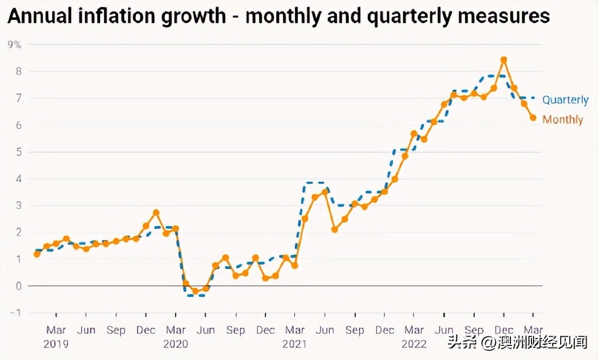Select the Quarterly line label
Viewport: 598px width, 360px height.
coord(565,100)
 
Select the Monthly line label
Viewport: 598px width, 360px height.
coord(562,119)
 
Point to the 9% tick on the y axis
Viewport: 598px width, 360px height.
coord(14,44)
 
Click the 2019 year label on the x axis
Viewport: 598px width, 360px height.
coord(56,344)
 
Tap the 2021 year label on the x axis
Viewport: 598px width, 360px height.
coord(295,344)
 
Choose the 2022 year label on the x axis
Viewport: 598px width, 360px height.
coord(414,344)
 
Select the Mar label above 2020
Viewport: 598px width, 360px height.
coord(176,330)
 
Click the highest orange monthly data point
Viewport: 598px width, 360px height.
coord(503,60)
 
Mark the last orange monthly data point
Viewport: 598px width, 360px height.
coord(533,118)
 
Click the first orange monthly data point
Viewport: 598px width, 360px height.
coord(37,254)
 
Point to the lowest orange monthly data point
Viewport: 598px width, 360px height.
coord(195,291)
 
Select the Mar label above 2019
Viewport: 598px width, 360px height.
coord(56,330)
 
